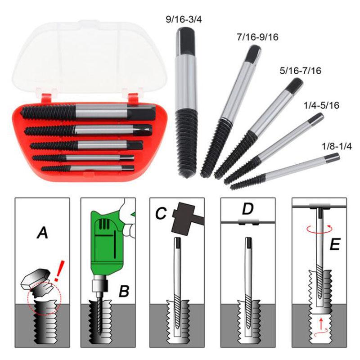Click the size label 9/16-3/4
pos(184,20)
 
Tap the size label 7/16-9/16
pos(257,37)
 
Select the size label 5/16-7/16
pos(300,71)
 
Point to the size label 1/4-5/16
pos(321,105)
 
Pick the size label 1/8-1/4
pos(337,147)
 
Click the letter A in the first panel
pos(42,232)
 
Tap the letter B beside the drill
pos(124,291)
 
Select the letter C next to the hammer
pos(161,213)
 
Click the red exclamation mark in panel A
pos(58,271)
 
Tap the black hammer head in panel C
pos(183,217)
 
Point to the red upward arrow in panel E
pos(321,323)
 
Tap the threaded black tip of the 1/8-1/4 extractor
pos(248,181)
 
